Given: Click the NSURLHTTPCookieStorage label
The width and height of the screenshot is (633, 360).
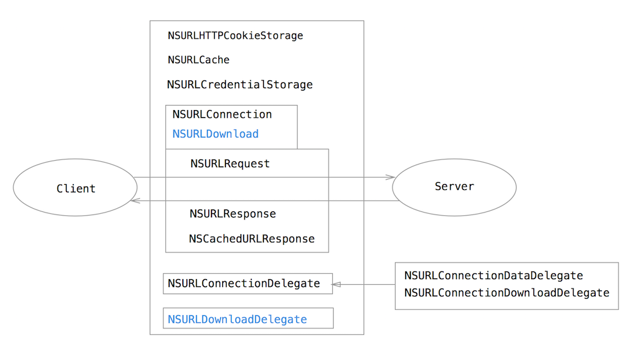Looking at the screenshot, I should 235,36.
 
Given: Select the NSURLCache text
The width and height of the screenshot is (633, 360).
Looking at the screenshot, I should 198,60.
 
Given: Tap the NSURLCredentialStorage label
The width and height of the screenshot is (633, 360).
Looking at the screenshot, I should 239,85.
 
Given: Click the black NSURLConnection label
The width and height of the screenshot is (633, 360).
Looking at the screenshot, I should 222,115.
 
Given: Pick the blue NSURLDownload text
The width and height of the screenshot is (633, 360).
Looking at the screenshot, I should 215,134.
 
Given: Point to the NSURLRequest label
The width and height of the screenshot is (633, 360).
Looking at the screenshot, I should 230,164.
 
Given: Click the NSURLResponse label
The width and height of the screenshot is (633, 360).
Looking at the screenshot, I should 232,214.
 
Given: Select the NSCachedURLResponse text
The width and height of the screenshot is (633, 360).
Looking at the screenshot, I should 251,239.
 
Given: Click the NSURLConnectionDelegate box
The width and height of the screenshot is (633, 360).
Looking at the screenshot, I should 248,283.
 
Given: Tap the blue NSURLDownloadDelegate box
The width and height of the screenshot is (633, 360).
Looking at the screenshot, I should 248,320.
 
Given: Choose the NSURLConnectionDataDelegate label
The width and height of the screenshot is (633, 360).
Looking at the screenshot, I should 493,276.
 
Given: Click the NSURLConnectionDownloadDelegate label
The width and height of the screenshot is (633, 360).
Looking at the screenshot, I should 506,293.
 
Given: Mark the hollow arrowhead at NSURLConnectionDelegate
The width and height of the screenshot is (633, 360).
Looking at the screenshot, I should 337,285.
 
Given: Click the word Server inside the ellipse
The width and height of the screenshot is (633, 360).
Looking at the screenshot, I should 454,187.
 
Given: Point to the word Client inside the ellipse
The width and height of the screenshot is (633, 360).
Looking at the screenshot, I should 75,189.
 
